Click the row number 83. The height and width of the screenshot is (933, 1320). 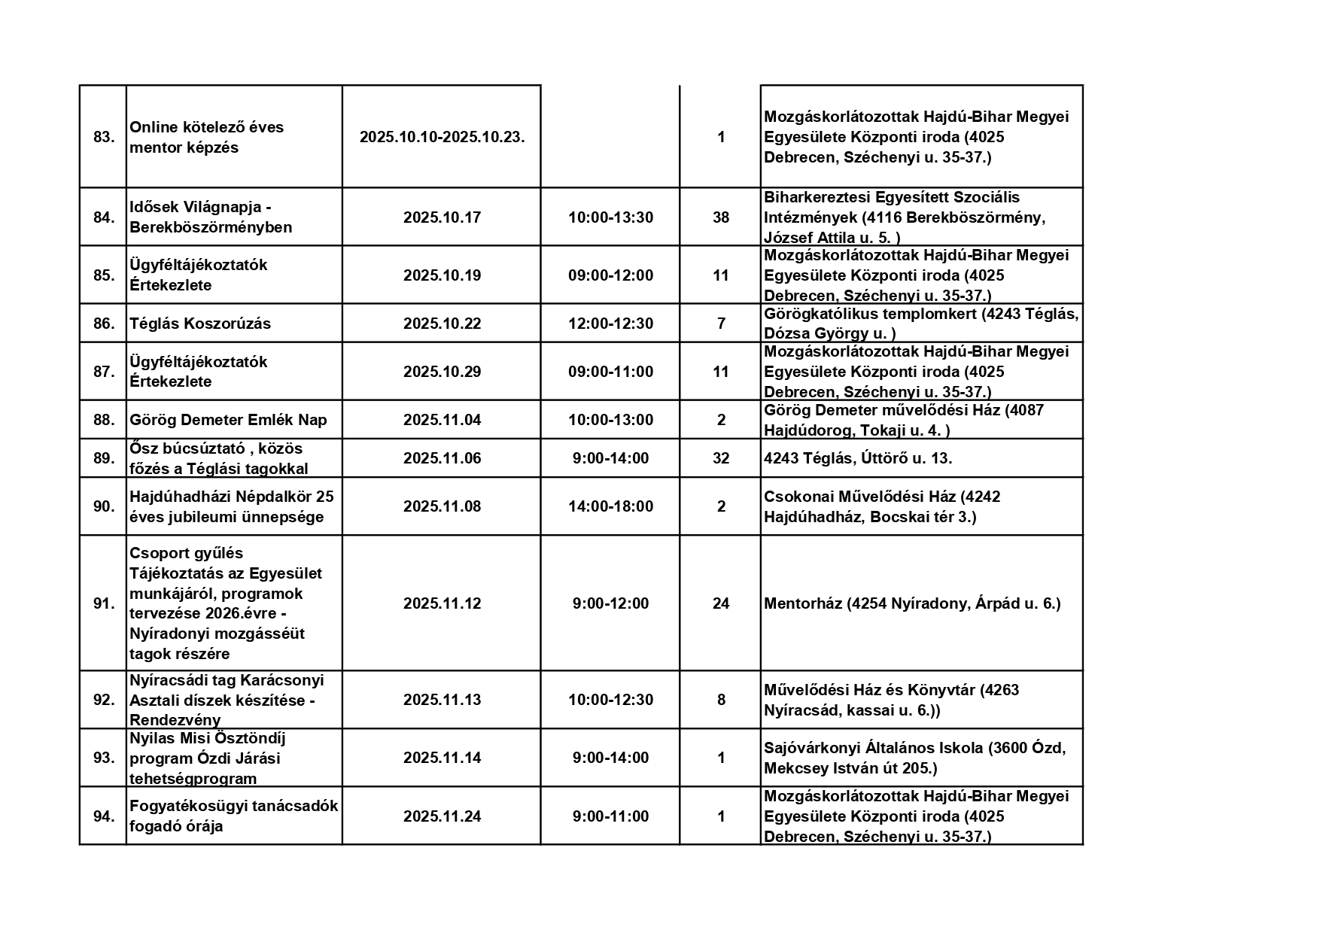point(104,137)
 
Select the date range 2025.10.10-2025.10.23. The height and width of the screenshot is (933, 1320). point(442,137)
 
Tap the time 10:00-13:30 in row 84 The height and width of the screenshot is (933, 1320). point(610,217)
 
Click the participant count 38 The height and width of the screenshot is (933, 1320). point(721,217)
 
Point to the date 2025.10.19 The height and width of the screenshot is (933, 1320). point(442,275)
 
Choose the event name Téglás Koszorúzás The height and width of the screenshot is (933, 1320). point(200,324)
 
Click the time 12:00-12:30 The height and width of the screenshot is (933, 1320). point(610,324)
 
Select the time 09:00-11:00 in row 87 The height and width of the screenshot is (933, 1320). point(610,372)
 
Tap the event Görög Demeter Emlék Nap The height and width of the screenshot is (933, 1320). point(228,420)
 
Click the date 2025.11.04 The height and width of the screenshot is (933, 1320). point(442,420)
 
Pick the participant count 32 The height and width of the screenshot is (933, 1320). point(721,458)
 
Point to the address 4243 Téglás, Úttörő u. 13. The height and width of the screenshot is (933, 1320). point(858,458)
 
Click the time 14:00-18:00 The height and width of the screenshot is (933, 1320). point(610,506)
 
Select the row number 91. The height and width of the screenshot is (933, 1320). point(104,603)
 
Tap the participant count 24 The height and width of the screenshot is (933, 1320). point(721,603)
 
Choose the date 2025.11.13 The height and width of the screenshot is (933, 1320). point(442,700)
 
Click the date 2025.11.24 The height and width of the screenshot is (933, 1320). point(442,816)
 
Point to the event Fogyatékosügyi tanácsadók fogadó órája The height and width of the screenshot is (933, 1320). point(233,816)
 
